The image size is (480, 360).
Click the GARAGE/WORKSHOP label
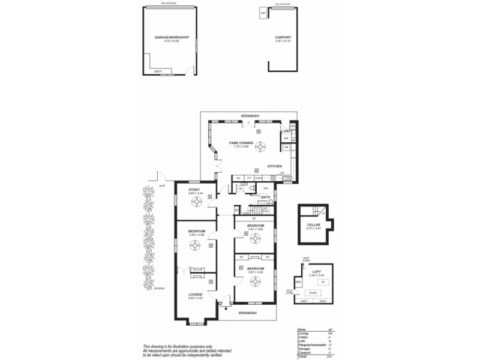click(x=172, y=37)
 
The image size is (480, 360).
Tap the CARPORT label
click(x=283, y=37)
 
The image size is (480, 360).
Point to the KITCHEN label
click(x=274, y=166)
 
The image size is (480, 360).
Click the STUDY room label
click(x=194, y=190)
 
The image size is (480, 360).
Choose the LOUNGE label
click(x=196, y=294)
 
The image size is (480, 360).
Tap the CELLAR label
click(x=314, y=224)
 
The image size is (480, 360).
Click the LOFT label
click(x=317, y=272)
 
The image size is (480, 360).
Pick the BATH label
click(x=266, y=197)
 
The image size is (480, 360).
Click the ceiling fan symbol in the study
click(x=196, y=202)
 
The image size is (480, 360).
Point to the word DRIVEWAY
click(x=159, y=289)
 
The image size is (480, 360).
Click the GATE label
click(x=162, y=186)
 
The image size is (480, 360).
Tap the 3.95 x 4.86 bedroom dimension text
click(x=197, y=235)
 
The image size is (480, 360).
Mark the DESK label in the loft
click(x=298, y=283)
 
